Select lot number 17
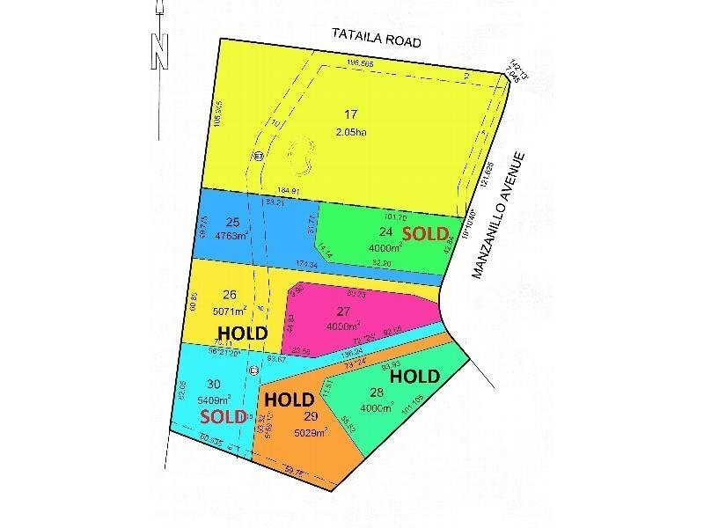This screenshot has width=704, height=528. coord(350,114)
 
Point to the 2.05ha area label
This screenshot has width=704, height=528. coord(350,132)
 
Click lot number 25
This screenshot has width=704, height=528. coord(232,221)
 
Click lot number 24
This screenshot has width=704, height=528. coord(385,232)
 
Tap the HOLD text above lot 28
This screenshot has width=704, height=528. coord(414,376)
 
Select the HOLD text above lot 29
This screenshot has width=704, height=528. coord(290,398)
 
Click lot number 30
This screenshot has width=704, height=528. coord(213,383)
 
